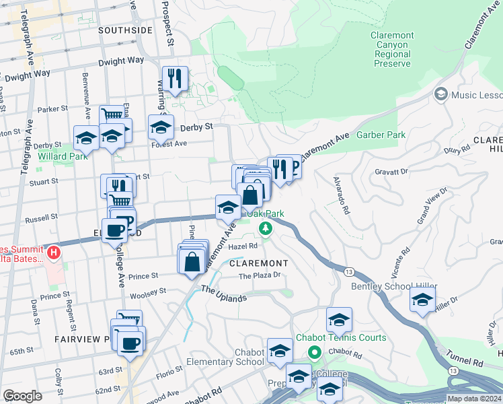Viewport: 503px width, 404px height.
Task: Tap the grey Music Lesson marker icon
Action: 441,95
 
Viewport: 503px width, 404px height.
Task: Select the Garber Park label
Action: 381,135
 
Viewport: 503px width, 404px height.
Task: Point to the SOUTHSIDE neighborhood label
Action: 125,30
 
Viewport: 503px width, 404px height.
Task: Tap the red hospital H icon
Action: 54,254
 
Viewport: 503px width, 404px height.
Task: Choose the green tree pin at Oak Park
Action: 266,229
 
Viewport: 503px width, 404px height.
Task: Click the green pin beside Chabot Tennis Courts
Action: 314,352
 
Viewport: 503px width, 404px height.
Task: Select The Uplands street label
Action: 224,294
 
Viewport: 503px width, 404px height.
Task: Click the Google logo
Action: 22,396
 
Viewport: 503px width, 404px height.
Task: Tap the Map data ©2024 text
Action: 474,399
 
